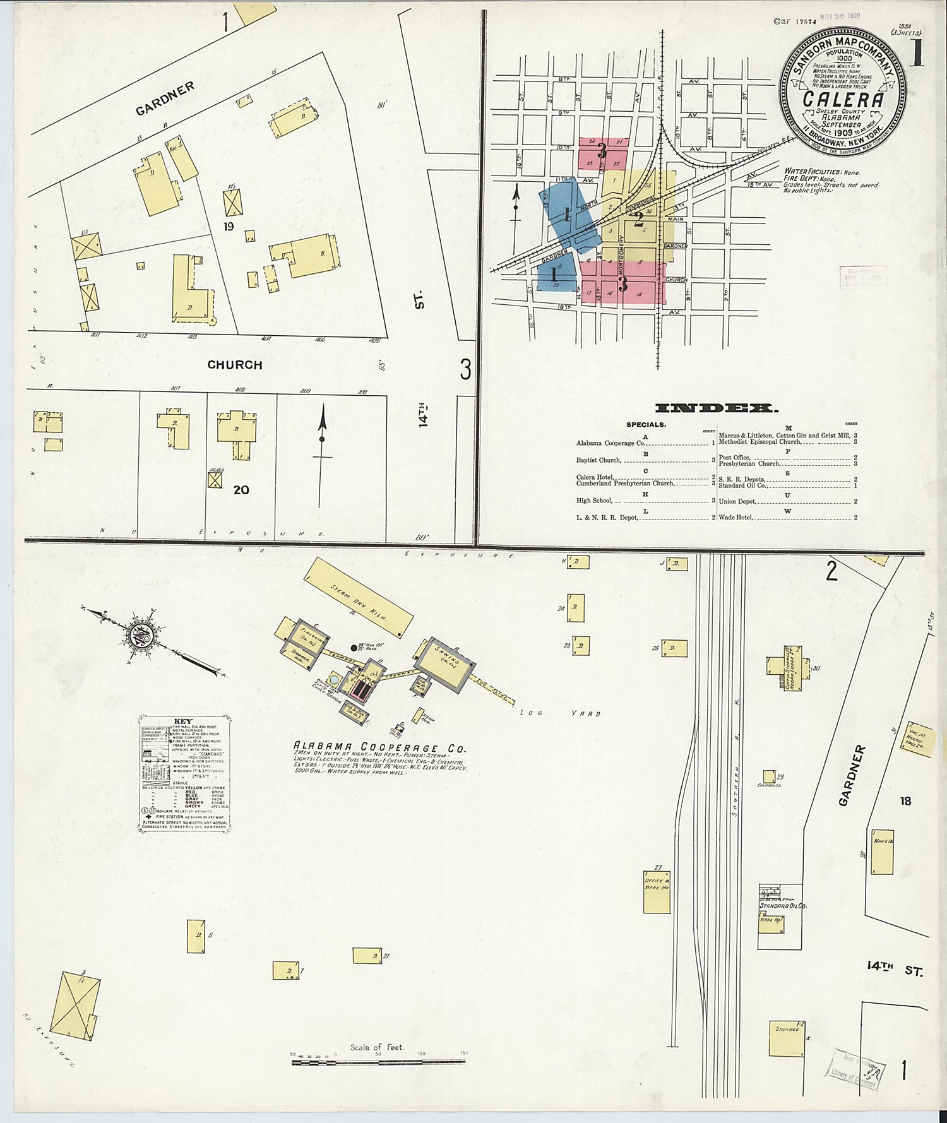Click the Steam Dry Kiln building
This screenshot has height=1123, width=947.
point(358,597)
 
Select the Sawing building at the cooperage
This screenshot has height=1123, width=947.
point(446,664)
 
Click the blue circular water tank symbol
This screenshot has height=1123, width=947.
point(333,680)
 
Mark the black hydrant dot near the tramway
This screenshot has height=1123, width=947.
point(354,648)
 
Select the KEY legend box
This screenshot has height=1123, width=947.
point(184,773)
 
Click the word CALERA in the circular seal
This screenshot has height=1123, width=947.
point(843,100)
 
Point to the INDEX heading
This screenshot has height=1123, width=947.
point(716,408)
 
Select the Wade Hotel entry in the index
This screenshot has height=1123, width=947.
point(736,518)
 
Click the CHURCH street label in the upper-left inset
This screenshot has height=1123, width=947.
point(234,365)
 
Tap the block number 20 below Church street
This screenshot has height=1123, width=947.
point(241,490)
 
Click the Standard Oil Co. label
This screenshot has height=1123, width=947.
point(782,905)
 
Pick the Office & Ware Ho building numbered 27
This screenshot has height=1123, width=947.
point(657,890)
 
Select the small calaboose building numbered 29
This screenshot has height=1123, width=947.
point(769,776)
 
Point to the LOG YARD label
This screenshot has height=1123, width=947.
point(559,713)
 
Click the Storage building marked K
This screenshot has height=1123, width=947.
point(787,1038)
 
